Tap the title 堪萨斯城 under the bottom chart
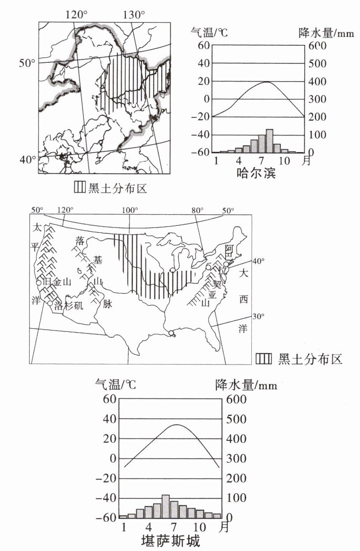pos(170,541)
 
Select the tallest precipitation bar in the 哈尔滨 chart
pos(269,140)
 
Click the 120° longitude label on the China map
pos(77,15)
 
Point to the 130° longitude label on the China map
pos(134,15)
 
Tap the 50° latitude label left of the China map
pos(28,63)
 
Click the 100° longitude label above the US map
pos(129,210)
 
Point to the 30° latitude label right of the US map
pos(258,317)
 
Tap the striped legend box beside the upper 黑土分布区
pos(79,187)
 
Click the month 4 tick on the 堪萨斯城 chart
pos(149,528)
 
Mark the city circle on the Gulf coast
pos(171,333)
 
